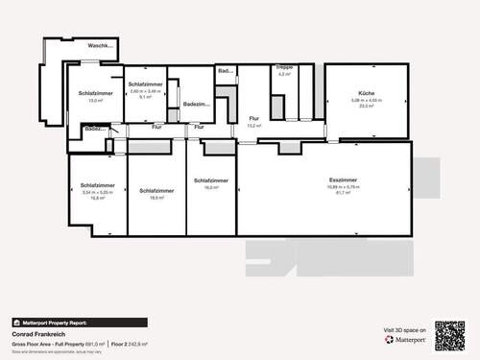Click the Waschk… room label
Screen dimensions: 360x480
[x=100, y=45]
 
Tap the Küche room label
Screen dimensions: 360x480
[x=367, y=92]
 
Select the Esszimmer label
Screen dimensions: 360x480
[x=343, y=180]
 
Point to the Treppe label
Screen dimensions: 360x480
[x=283, y=67]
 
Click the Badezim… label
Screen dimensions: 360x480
[x=197, y=103]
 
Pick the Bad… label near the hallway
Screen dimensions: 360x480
[x=226, y=71]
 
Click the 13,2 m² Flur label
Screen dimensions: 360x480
[x=253, y=126]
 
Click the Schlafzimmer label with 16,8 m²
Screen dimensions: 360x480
[x=98, y=197]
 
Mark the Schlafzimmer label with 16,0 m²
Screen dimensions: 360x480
[x=210, y=188]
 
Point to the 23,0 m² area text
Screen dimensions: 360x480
[x=367, y=107]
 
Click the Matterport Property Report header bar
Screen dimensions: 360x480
[x=79, y=323]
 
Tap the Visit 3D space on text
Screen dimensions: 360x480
[x=403, y=330]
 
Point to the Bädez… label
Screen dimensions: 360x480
[x=94, y=128]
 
